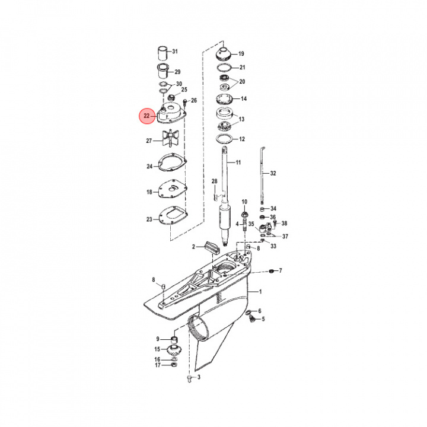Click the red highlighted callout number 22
tap(147, 116)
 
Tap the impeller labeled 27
tap(170, 138)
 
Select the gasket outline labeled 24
tap(173, 163)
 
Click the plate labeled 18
tap(173, 189)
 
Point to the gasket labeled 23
tap(173, 215)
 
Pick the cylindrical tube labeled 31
tap(164, 53)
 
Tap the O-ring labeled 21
tap(224, 67)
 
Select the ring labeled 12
tap(224, 139)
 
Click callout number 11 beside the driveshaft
tap(238, 162)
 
